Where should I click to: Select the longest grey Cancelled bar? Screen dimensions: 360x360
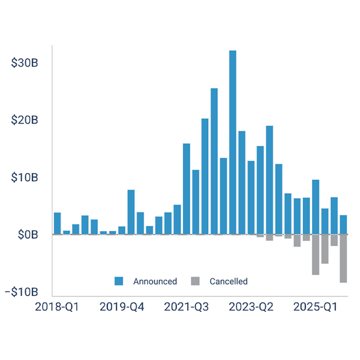click(343, 258)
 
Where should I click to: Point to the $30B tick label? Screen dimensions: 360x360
click(25, 63)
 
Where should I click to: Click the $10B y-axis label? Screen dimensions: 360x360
click(25, 178)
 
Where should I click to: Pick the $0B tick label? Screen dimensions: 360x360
click(28, 235)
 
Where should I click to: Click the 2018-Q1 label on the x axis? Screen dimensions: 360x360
click(57, 307)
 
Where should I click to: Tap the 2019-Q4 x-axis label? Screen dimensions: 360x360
click(121, 307)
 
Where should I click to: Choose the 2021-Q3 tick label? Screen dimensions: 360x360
click(186, 307)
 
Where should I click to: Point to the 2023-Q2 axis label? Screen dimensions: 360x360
click(251, 307)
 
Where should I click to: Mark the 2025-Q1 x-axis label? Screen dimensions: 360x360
click(316, 307)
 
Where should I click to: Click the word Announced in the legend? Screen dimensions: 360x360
click(155, 281)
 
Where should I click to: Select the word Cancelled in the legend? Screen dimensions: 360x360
click(228, 281)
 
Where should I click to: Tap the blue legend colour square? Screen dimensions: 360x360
click(119, 281)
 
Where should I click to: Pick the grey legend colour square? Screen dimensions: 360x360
click(194, 281)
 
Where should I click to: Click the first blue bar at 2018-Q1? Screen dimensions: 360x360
click(57, 224)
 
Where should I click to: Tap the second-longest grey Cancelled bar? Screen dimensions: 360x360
click(316, 254)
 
